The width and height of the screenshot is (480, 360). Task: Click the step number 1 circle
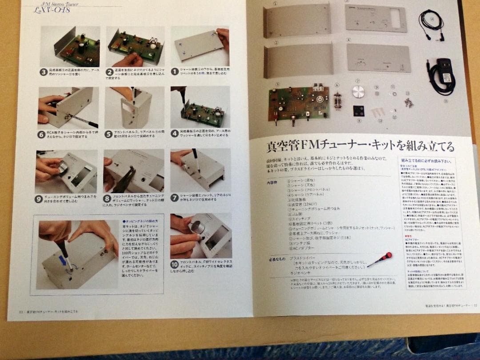coord(175,71)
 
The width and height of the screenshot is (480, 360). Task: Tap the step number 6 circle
coord(42,133)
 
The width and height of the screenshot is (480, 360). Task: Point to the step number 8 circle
coord(107,198)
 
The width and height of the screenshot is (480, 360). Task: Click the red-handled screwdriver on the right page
coord(380,259)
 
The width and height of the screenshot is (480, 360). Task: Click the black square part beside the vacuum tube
coord(359,110)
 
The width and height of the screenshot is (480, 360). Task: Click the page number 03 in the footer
coord(21,311)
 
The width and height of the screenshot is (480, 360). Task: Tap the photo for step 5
coord(134,107)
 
